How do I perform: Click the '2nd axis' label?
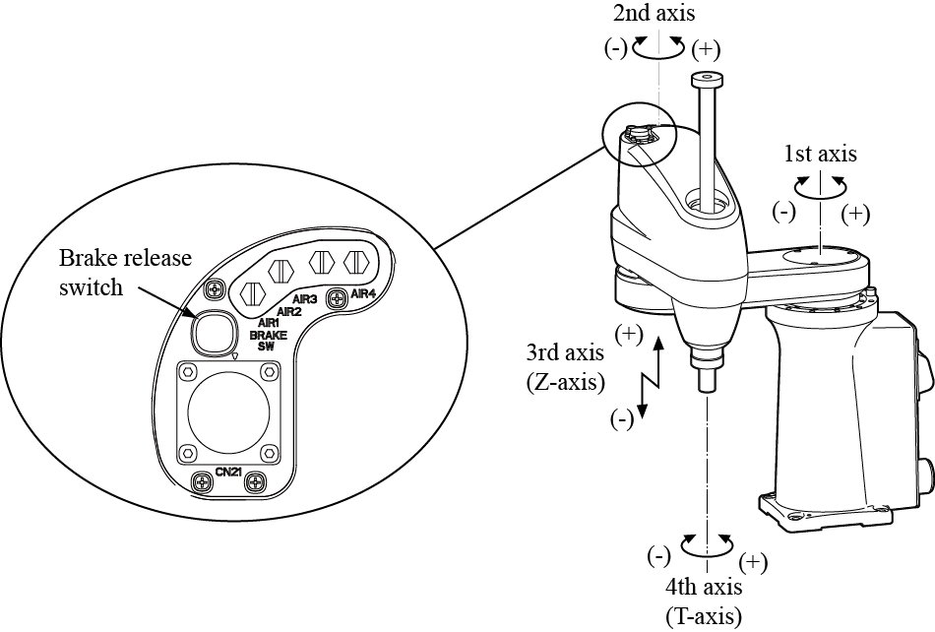point(654,15)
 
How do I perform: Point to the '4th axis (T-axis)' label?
point(703,601)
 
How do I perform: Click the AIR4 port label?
point(364,293)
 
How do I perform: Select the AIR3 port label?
point(303,299)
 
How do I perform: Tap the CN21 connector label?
point(228,473)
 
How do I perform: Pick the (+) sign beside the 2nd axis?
point(708,48)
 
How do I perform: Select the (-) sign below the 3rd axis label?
point(621,419)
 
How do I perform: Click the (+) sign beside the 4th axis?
point(752,562)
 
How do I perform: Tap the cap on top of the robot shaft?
point(704,78)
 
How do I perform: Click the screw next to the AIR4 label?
point(338,294)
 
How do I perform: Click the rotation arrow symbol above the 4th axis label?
point(707,542)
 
